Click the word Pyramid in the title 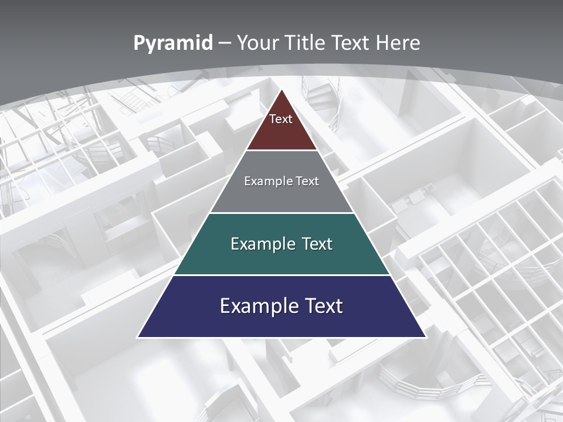click(173, 43)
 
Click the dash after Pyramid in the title click(224, 43)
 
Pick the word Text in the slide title click(351, 43)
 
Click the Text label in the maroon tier click(281, 119)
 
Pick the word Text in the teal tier click(318, 244)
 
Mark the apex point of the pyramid click(281, 90)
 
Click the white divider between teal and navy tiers click(281, 275)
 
